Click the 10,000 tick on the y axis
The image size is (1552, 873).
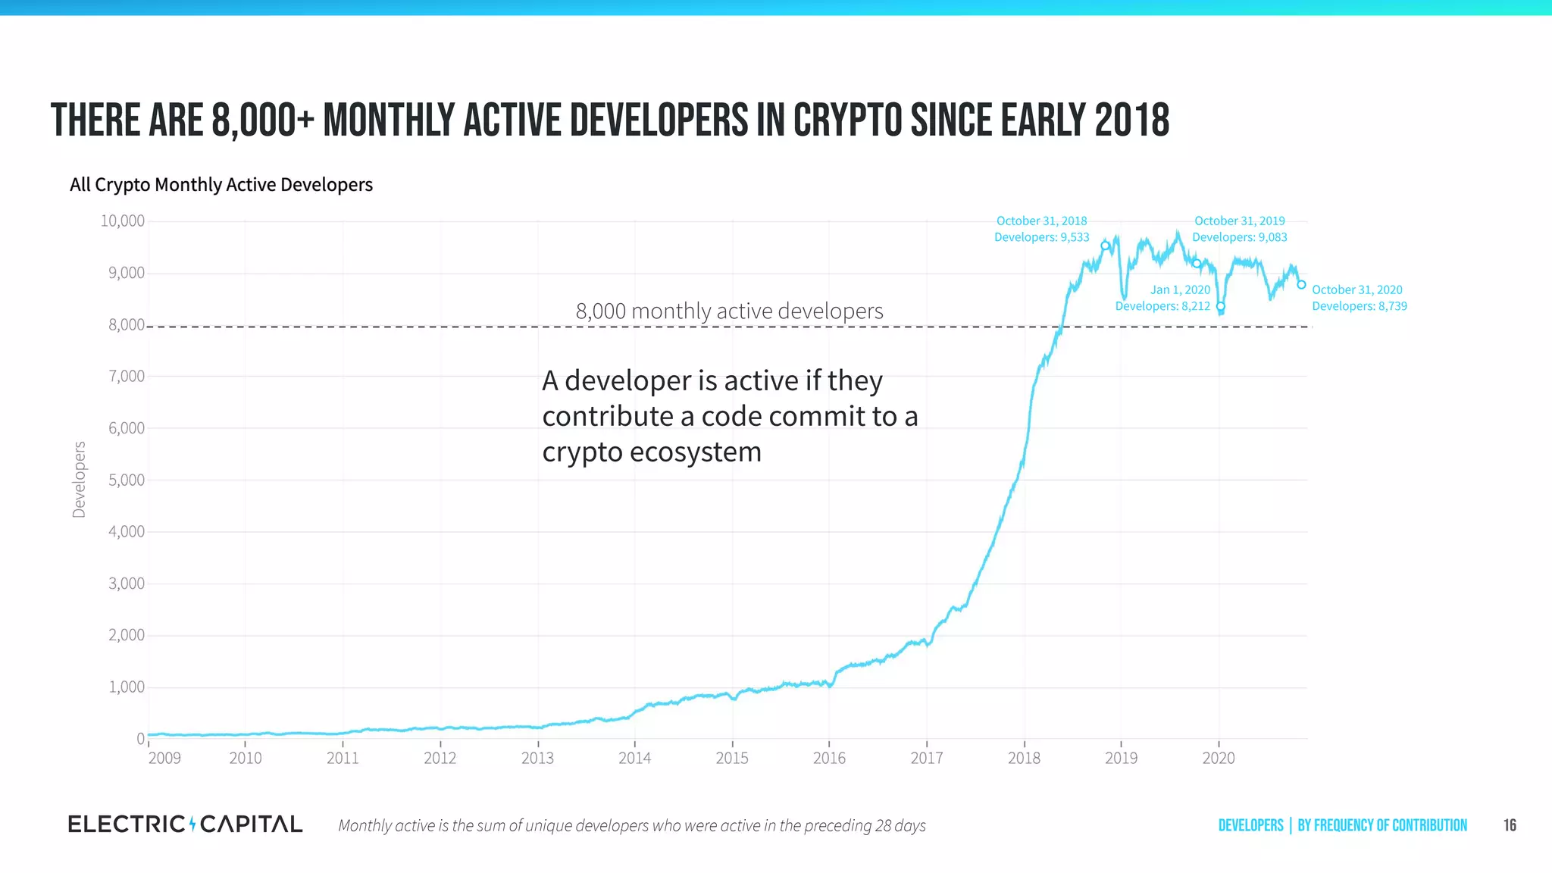[x=123, y=221]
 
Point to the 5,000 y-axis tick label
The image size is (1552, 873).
[x=126, y=480]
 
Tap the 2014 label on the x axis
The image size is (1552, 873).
[x=634, y=758]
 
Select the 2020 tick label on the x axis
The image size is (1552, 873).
[x=1218, y=758]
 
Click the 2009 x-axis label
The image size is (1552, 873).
[x=164, y=758]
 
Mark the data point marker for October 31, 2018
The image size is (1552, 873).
[x=1105, y=246]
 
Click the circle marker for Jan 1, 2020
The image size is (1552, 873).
[x=1220, y=306]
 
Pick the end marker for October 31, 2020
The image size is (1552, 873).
[x=1301, y=285]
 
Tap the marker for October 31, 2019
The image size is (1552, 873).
[x=1197, y=264]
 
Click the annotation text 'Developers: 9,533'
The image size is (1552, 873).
[x=1041, y=237]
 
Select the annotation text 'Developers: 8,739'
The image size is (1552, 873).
[x=1359, y=306]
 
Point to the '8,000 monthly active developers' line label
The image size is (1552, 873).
[x=729, y=311]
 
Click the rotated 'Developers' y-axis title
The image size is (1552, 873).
[x=79, y=480]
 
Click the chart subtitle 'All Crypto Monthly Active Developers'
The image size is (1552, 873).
[x=221, y=185]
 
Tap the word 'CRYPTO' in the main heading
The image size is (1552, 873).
[x=848, y=121]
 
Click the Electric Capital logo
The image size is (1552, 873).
[x=185, y=824]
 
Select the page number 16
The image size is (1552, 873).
[x=1510, y=825]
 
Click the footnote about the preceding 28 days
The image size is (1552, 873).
[x=631, y=825]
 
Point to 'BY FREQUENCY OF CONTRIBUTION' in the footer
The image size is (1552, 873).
[x=1381, y=825]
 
